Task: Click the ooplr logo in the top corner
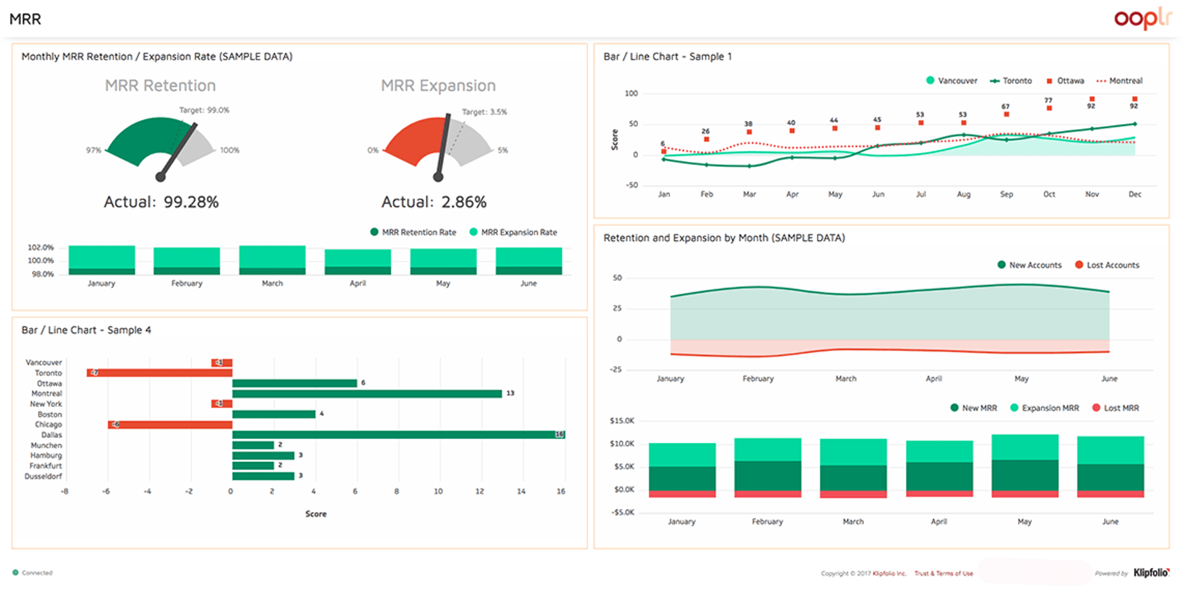(x=1142, y=18)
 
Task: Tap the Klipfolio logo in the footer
(x=1151, y=573)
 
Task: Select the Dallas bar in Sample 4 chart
(x=398, y=435)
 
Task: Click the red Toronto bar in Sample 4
(x=159, y=373)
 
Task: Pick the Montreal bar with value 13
(x=367, y=394)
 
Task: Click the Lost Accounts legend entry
(x=1107, y=265)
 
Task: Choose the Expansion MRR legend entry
(x=1045, y=408)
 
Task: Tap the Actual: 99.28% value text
(x=161, y=202)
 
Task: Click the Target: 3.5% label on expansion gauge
(x=484, y=112)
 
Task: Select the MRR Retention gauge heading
(x=160, y=85)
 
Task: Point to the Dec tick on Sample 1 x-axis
(x=1135, y=194)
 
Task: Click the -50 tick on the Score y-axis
(x=632, y=185)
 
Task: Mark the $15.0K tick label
(x=621, y=421)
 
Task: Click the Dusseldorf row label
(x=43, y=476)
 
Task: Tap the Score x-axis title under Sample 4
(x=316, y=514)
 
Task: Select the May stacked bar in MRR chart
(x=1024, y=466)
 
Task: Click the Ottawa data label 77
(x=1048, y=100)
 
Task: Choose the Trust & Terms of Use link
(x=943, y=573)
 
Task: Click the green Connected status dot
(x=15, y=573)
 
